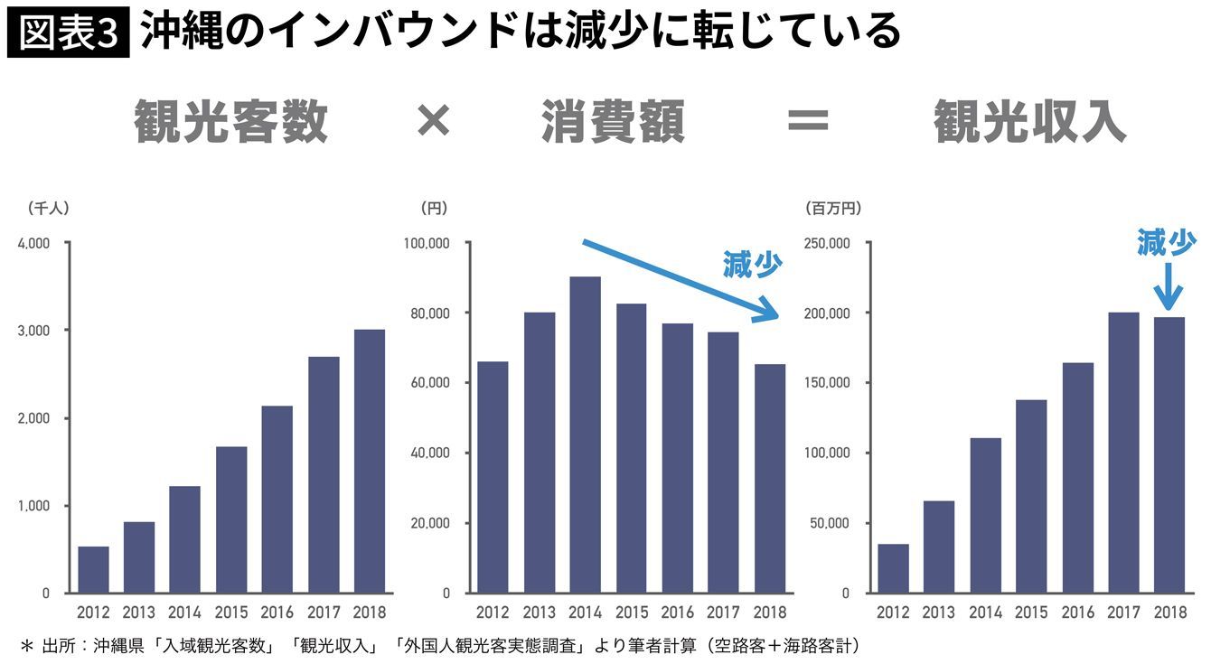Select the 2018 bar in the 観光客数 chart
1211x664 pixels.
[x=369, y=461]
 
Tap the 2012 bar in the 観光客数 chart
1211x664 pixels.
[x=93, y=569]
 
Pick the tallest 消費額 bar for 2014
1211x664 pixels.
[x=585, y=435]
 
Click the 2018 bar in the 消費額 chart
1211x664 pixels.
[x=769, y=478]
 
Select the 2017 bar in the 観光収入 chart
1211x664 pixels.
[x=1123, y=453]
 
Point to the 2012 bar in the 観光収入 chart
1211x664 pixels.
[x=893, y=568]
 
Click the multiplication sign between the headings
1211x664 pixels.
[x=433, y=121]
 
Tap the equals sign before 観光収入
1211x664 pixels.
[x=807, y=121]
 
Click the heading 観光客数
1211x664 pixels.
[x=230, y=122]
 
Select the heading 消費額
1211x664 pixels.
[x=613, y=122]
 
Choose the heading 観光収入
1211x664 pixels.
[x=1029, y=122]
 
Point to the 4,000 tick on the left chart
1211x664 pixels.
[x=33, y=243]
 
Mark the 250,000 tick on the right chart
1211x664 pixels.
[x=825, y=243]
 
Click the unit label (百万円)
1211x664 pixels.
[x=832, y=208]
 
